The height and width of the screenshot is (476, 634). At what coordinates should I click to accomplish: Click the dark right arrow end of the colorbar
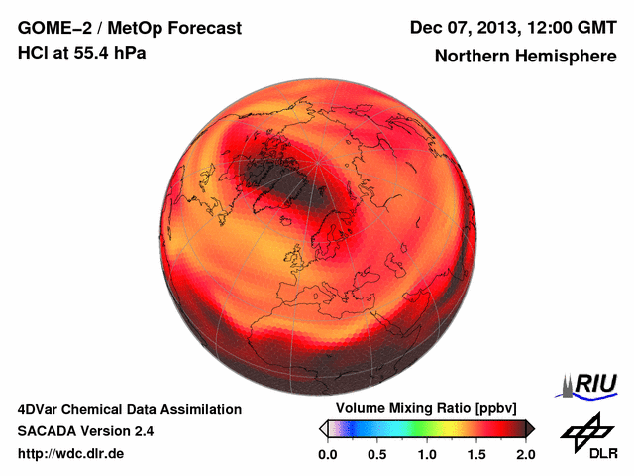pos(530,428)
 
